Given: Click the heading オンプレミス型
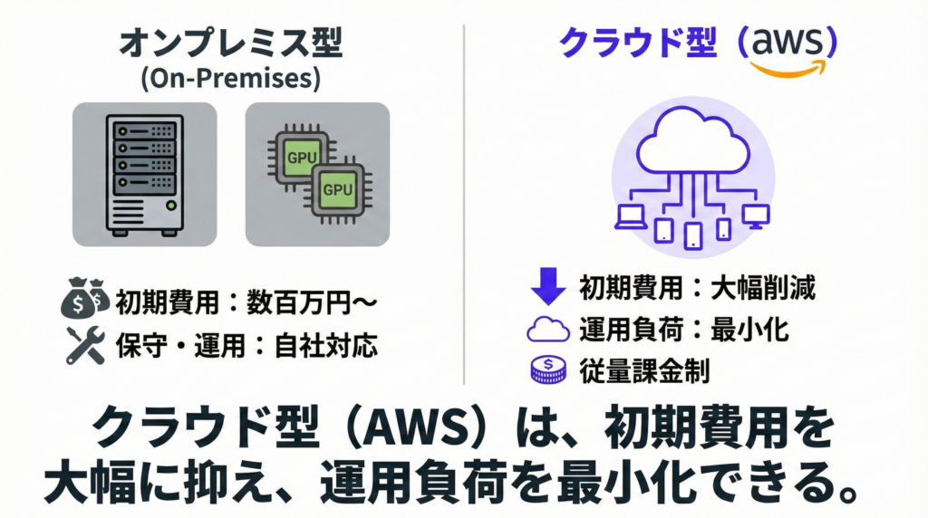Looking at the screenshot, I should pyautogui.click(x=231, y=43).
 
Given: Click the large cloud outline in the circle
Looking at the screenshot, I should pyautogui.click(x=691, y=145).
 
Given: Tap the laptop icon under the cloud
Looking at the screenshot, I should pyautogui.click(x=628, y=215).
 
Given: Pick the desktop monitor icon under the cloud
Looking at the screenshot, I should pyautogui.click(x=755, y=215).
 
